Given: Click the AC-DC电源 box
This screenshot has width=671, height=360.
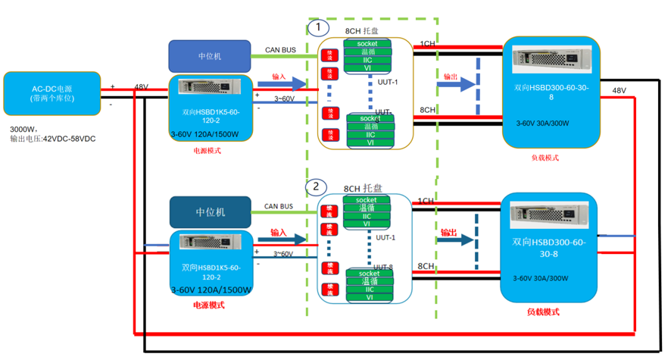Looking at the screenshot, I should (x=52, y=92).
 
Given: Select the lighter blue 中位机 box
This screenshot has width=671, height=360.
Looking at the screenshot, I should (x=209, y=56).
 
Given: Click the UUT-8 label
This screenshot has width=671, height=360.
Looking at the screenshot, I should (x=385, y=266).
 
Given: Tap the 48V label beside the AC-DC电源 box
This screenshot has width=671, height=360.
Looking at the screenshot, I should (x=141, y=87).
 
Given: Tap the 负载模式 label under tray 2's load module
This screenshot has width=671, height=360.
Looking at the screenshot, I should (x=543, y=312).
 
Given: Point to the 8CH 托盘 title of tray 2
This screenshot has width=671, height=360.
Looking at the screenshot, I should (x=363, y=188).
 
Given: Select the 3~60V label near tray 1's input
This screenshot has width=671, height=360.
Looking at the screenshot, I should (x=284, y=99).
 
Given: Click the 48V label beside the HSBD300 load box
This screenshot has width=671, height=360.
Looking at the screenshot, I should (x=620, y=91).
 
